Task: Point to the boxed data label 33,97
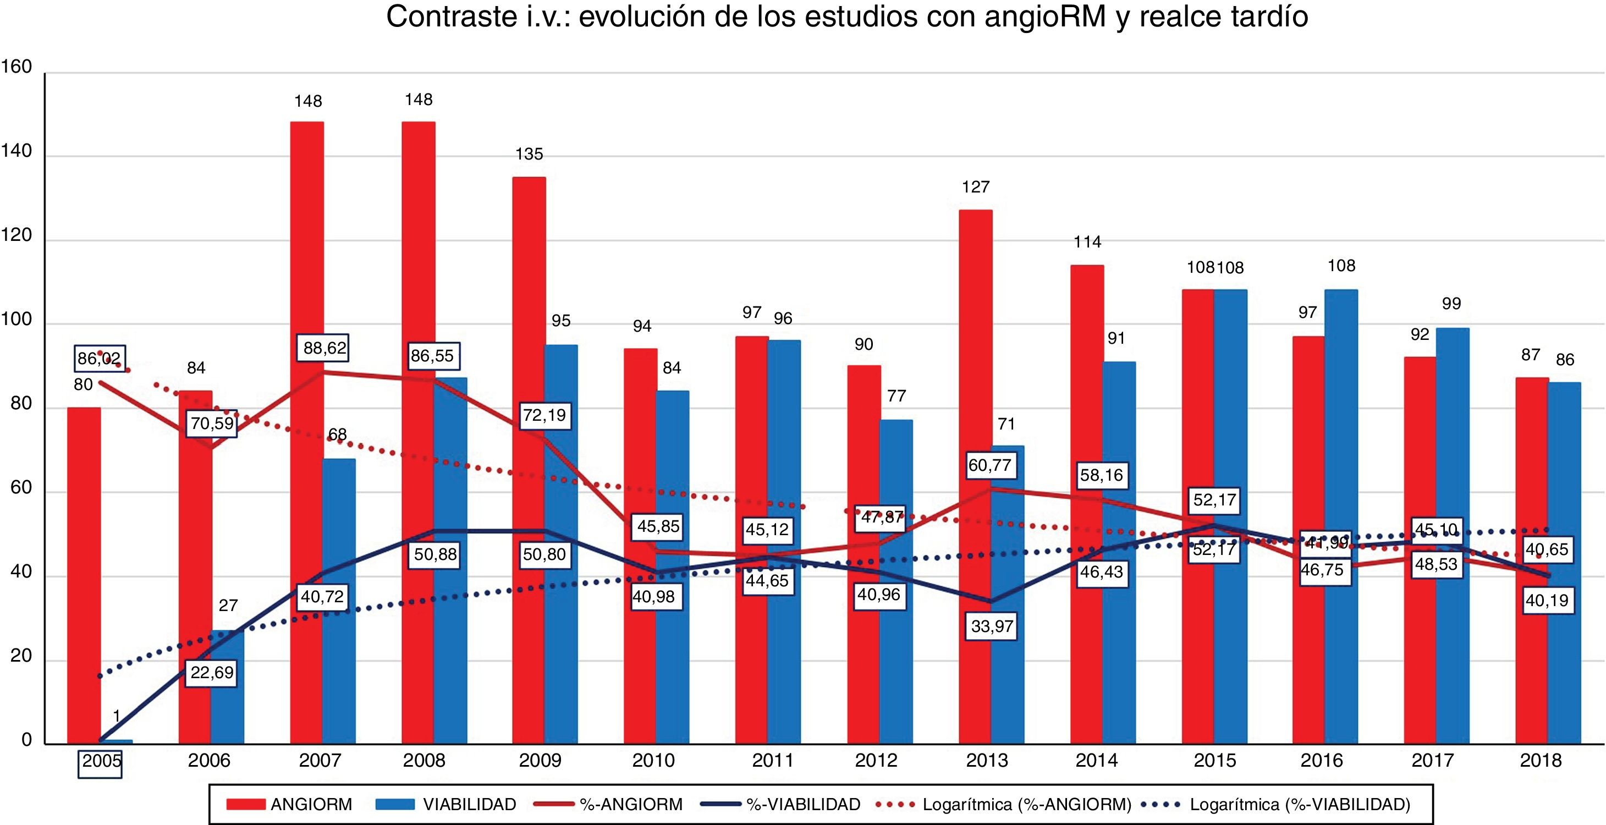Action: tap(991, 625)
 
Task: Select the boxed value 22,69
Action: tap(212, 672)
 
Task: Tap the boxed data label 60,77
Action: tap(989, 465)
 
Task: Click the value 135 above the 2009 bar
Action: tap(529, 154)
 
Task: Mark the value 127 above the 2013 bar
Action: tap(976, 187)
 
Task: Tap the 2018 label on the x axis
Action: tap(1540, 761)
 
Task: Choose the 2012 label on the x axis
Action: tap(877, 761)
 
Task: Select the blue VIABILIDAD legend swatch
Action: tap(395, 805)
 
